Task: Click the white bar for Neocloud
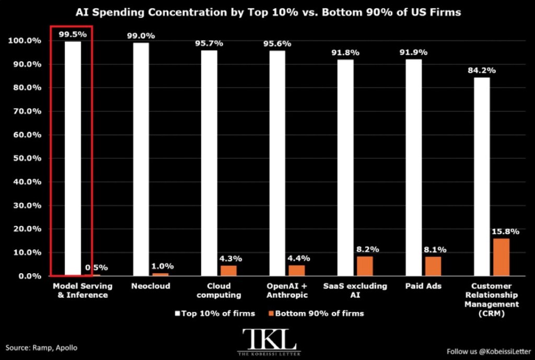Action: (x=141, y=159)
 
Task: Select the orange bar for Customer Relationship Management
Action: (x=501, y=257)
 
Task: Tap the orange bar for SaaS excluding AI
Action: (x=365, y=266)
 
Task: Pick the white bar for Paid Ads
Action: (x=414, y=168)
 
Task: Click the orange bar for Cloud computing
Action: (x=229, y=271)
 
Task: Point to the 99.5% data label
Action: (x=73, y=34)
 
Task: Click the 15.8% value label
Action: (x=505, y=231)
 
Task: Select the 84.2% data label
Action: (x=482, y=71)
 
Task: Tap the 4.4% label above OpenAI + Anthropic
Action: (x=298, y=258)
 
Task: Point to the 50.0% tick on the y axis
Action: (x=27, y=158)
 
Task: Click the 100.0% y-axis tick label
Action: (x=25, y=41)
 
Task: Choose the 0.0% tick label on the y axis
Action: (x=30, y=276)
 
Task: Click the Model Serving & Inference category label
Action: (x=83, y=291)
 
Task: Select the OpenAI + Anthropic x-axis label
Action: (x=287, y=291)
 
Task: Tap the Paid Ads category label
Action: (x=423, y=286)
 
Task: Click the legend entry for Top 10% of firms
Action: (x=215, y=313)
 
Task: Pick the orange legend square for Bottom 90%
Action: (x=271, y=313)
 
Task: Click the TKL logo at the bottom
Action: (x=269, y=342)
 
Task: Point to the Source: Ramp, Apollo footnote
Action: (x=41, y=347)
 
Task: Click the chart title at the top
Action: (x=268, y=13)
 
